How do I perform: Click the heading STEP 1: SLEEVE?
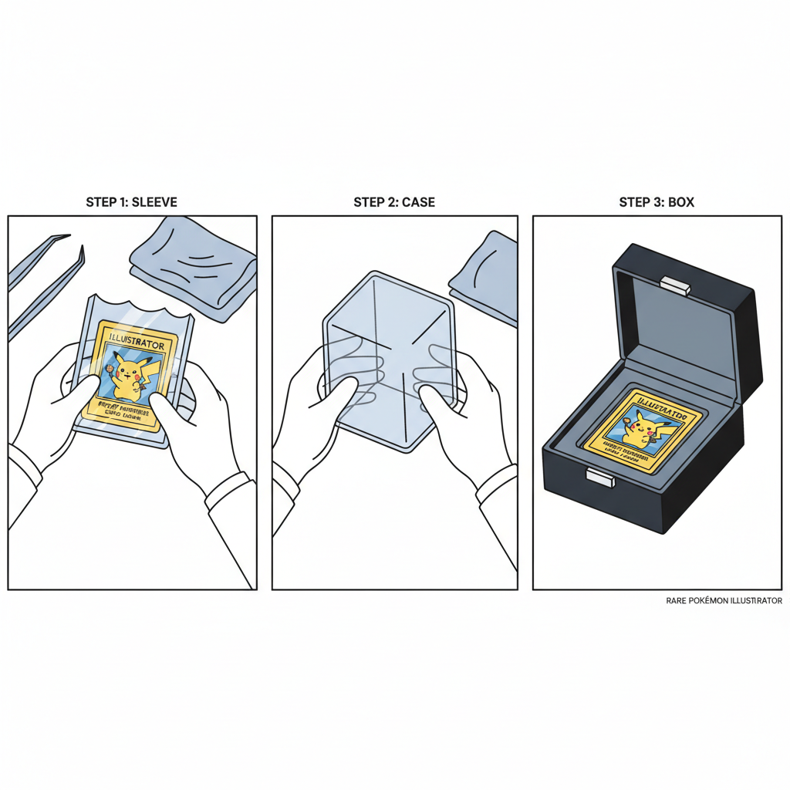(131, 202)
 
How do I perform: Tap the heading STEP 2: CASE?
(394, 202)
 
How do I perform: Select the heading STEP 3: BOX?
(657, 202)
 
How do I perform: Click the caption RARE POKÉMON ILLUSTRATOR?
(724, 600)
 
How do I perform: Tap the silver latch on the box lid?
(675, 286)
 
